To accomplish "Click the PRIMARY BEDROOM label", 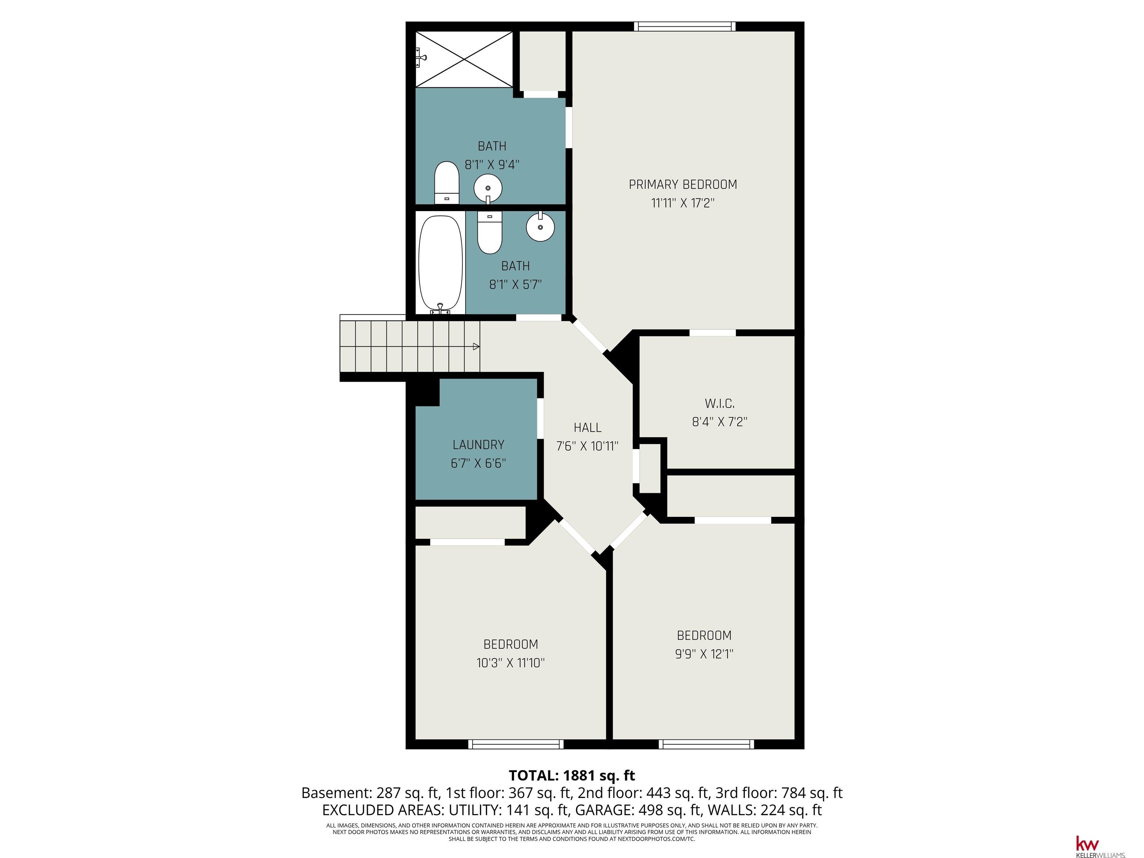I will (x=683, y=184).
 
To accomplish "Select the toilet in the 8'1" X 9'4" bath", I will (x=447, y=182).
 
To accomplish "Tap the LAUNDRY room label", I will (x=478, y=444).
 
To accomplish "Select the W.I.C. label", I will (x=719, y=403).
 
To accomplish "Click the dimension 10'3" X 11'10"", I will (x=511, y=662).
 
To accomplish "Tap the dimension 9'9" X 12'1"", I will (x=704, y=654).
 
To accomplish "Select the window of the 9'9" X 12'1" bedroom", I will (x=706, y=744).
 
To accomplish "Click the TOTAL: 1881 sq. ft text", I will (x=572, y=775).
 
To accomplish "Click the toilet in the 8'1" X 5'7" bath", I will (x=489, y=232).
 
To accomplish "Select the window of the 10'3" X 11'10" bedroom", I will (x=516, y=744).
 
